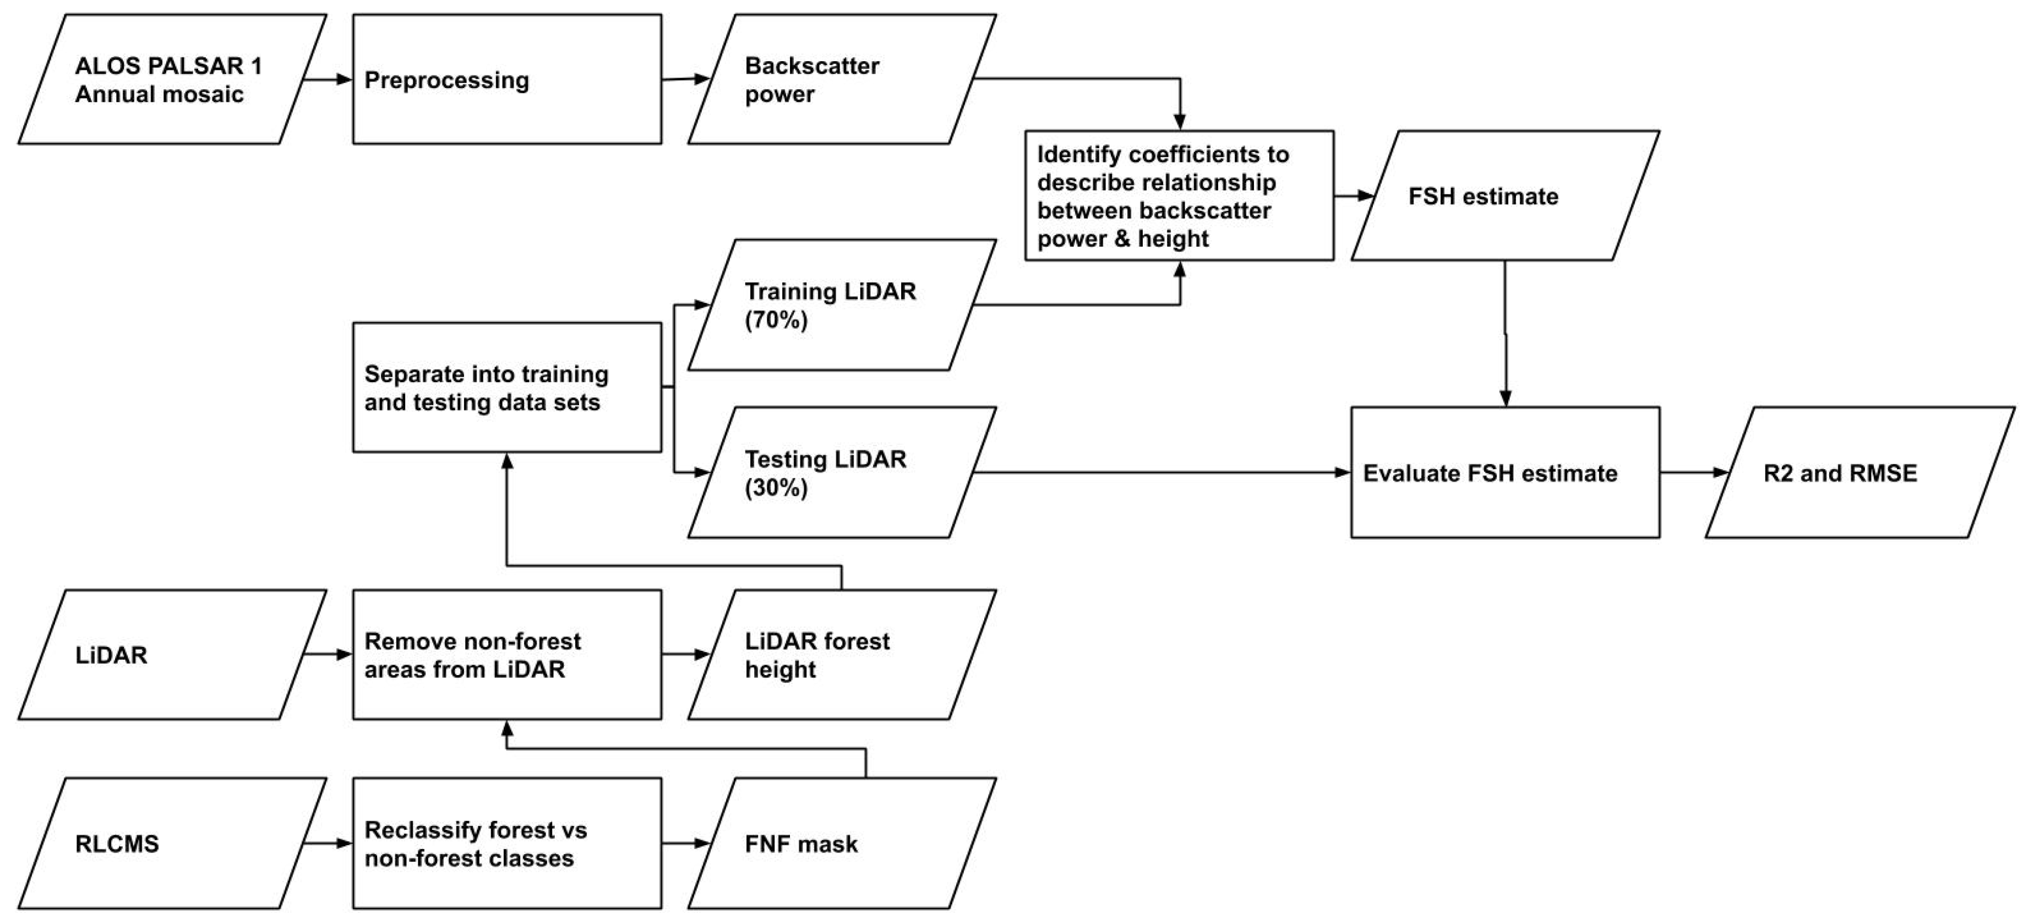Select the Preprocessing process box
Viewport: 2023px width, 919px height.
coord(506,79)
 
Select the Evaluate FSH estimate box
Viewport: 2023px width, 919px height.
coord(1504,473)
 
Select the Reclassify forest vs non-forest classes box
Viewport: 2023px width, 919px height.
coord(506,843)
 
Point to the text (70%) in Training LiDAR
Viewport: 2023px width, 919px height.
coord(776,320)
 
